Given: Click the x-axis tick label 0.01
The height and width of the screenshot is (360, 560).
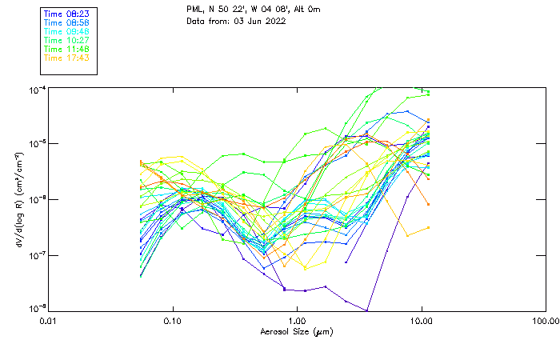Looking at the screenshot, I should coord(48,321).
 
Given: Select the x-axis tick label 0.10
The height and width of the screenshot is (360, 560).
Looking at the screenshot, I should coord(172,321).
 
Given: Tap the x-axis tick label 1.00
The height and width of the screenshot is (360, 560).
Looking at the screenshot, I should coord(297,321).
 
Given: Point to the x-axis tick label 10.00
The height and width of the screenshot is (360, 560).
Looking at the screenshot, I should coord(421,321).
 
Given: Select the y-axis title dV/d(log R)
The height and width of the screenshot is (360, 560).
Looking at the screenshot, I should coord(18,199).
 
